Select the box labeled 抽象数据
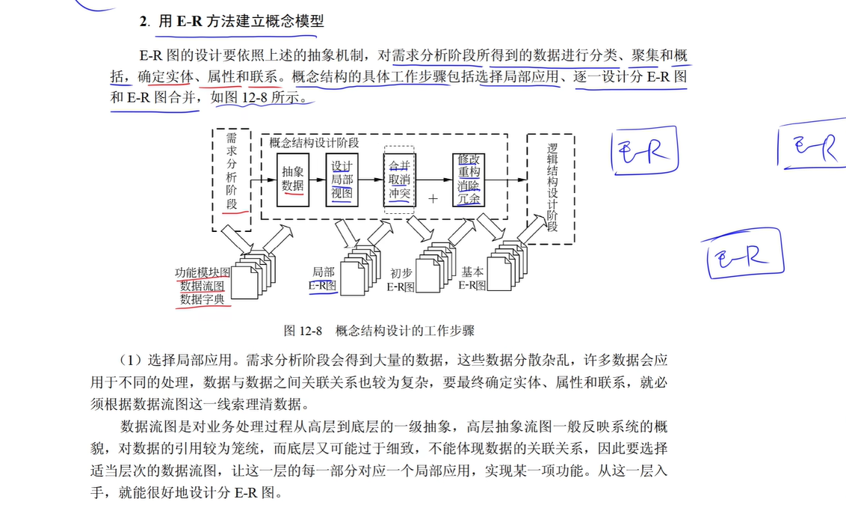click(293, 178)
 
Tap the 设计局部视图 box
click(342, 180)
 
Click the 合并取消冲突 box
click(399, 180)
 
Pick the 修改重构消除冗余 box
click(470, 180)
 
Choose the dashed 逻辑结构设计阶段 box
click(551, 189)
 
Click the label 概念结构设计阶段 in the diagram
click(314, 142)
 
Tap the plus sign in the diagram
click(432, 199)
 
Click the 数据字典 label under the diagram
click(203, 299)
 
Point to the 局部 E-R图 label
click(323, 278)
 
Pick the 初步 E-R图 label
click(401, 280)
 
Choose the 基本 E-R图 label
click(472, 278)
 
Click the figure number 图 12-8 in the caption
click(302, 331)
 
